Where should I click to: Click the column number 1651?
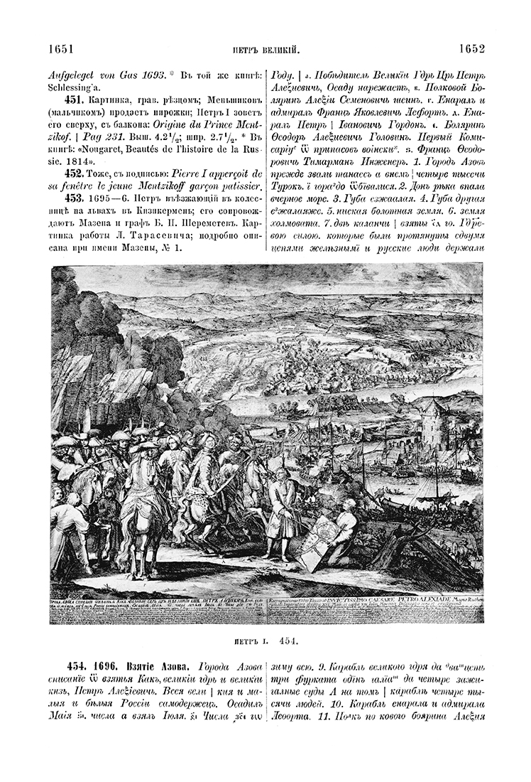[62, 49]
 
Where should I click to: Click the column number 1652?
[471, 49]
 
